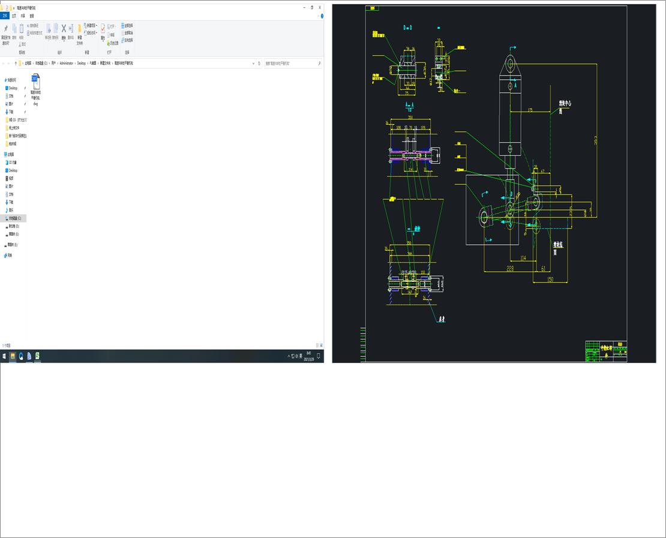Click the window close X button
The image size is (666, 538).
[320, 7]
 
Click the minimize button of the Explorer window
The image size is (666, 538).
[304, 7]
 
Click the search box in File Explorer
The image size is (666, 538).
[293, 63]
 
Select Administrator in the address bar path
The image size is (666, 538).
[66, 63]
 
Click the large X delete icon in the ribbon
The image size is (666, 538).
[64, 28]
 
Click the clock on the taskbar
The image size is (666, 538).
[309, 356]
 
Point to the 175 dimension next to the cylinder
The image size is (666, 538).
[530, 110]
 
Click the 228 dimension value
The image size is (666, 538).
[511, 268]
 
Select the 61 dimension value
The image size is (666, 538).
[543, 268]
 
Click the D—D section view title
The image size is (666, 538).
[407, 28]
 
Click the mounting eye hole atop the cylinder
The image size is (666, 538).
[511, 65]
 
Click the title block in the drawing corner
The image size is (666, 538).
[606, 351]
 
